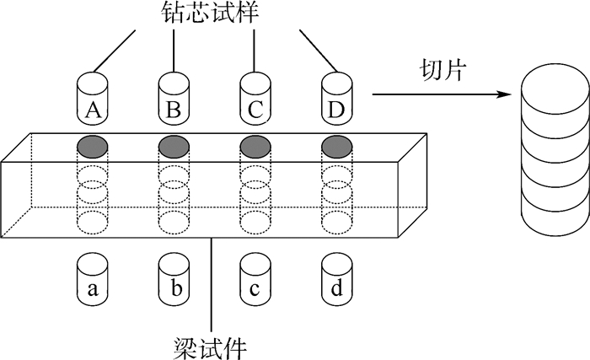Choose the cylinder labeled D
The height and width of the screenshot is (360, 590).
click(x=336, y=99)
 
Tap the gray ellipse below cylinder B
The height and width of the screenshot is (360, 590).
click(x=174, y=146)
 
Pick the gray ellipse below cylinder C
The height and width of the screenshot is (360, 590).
click(x=255, y=146)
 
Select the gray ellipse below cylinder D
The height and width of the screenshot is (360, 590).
click(x=337, y=146)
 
